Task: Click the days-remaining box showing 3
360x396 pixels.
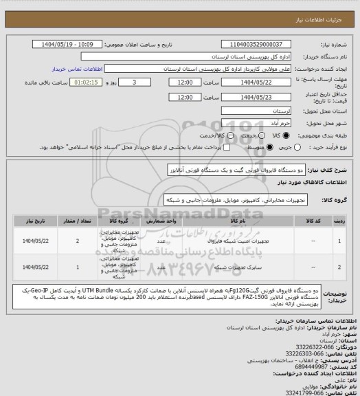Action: coord(142,82)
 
